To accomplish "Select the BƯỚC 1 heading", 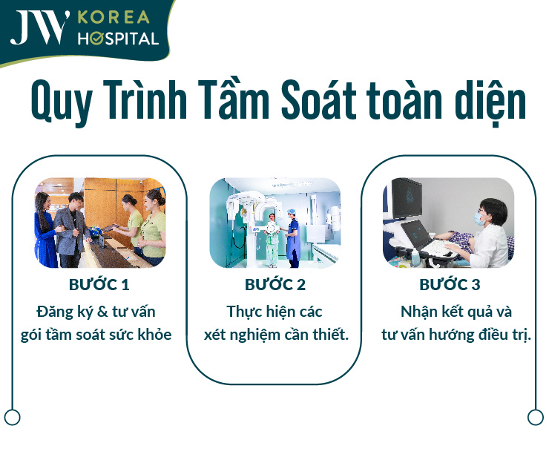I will (100, 284).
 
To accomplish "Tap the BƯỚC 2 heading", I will (275, 284).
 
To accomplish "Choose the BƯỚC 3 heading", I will (450, 284).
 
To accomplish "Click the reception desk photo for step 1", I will (100, 223).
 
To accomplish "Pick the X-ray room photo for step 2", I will (275, 223).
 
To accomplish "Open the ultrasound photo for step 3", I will (449, 223).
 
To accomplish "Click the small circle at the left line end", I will (12, 417).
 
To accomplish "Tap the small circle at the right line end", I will (536, 417).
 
